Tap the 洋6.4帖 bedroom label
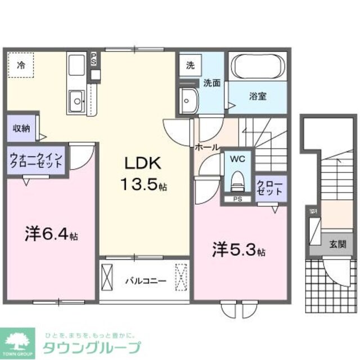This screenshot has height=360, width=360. click(x=51, y=233)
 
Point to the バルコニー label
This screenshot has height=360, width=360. click(x=145, y=280)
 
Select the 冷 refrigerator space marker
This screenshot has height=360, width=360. click(x=21, y=65)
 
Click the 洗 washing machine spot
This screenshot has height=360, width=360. click(x=190, y=65)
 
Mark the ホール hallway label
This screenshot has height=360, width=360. click(x=206, y=147)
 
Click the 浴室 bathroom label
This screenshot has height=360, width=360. click(x=258, y=96)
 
